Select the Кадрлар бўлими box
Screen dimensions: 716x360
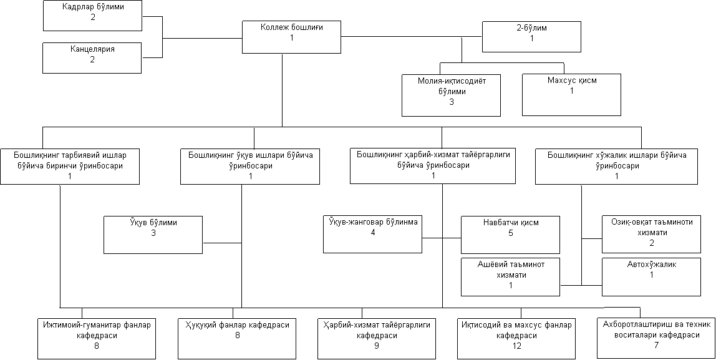point(92,16)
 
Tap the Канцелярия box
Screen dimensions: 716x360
point(92,57)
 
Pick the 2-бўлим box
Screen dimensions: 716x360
point(532,37)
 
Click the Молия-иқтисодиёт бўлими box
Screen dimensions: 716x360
point(451,95)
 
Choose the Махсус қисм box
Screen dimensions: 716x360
point(572,95)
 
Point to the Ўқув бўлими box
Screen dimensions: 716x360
point(153,235)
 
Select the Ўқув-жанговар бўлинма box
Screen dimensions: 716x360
point(372,234)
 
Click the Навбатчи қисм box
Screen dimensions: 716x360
point(511,235)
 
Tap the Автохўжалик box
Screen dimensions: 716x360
point(651,277)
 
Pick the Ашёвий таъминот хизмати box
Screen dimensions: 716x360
point(511,277)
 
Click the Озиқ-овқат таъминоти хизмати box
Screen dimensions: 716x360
point(651,234)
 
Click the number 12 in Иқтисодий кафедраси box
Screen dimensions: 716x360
point(516,346)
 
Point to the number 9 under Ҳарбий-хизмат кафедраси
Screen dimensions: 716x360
point(376,346)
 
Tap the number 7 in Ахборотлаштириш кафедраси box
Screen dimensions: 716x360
point(656,345)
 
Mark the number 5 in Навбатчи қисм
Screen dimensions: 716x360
point(511,233)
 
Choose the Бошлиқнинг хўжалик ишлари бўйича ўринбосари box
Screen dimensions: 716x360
point(616,166)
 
